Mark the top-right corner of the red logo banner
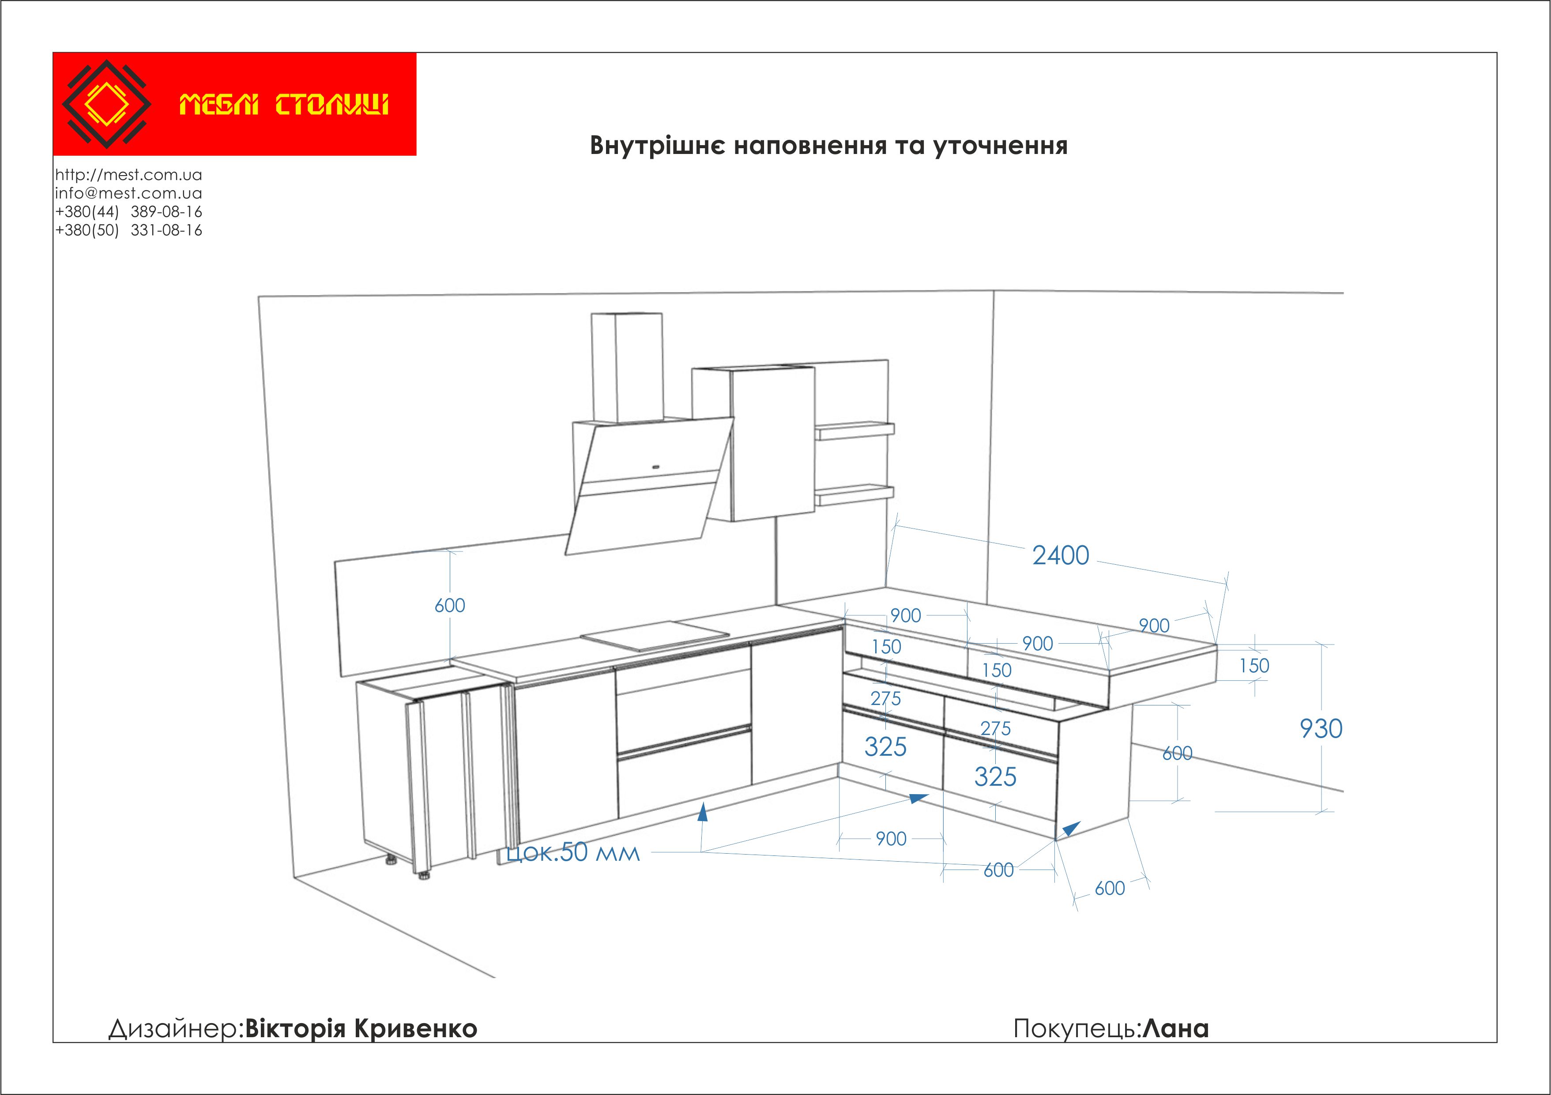click(x=416, y=52)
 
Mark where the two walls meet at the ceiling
click(x=994, y=291)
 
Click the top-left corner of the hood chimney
click(x=592, y=314)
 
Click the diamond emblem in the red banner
click(x=106, y=104)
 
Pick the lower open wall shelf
click(x=855, y=495)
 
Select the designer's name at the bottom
click(x=361, y=1028)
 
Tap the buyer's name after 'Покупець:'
click(x=1175, y=1028)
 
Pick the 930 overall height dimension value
click(x=1321, y=728)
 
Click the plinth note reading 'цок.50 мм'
click(x=573, y=853)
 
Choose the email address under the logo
click(x=128, y=193)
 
